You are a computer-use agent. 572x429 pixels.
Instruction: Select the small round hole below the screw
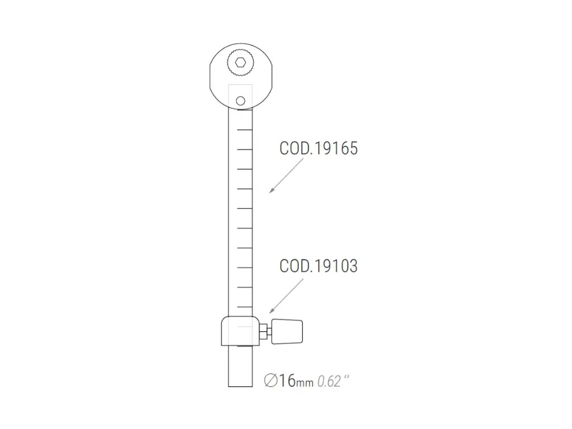point(240,101)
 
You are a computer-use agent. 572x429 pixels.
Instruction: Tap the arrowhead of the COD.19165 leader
point(271,191)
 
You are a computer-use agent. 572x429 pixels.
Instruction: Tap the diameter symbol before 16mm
point(271,381)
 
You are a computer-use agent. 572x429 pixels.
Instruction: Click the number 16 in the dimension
point(287,381)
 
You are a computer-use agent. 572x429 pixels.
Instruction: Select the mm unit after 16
point(305,383)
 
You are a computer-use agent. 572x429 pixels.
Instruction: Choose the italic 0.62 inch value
point(330,382)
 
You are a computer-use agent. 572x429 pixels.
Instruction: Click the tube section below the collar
point(240,366)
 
